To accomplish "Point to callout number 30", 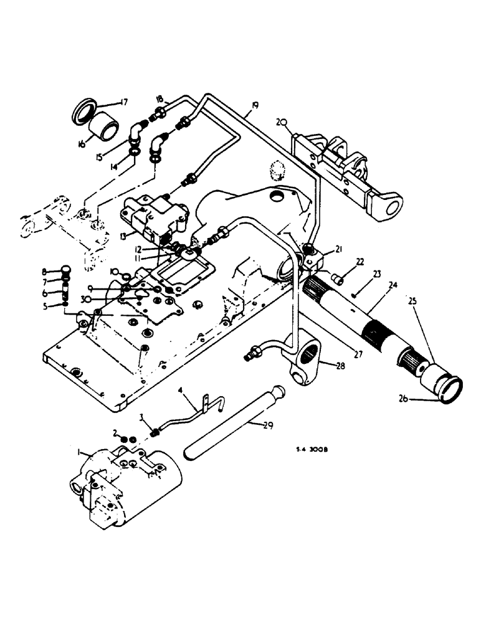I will click(x=103, y=299).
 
